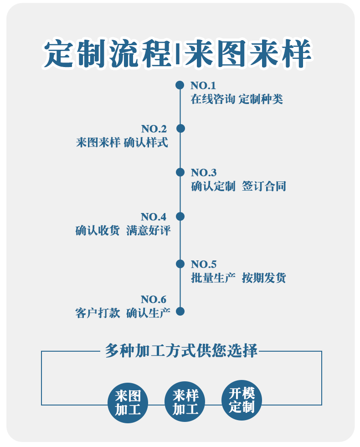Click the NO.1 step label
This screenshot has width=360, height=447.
(x=203, y=85)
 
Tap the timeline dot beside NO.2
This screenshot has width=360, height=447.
(x=180, y=129)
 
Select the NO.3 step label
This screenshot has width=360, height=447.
(x=204, y=172)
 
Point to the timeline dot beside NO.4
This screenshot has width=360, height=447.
(x=180, y=216)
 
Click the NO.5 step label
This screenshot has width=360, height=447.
(x=204, y=264)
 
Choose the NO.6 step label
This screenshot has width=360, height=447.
(x=154, y=299)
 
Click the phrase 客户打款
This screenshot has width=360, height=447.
(x=98, y=313)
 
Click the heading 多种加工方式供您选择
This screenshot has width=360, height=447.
(x=181, y=350)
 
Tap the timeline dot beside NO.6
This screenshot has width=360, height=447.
(x=180, y=312)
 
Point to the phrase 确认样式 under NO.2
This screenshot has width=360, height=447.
(x=146, y=142)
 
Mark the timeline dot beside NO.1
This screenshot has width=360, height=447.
(x=180, y=85)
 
